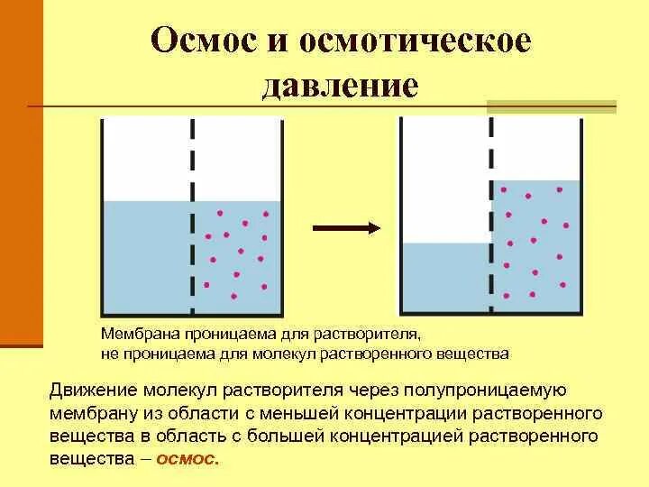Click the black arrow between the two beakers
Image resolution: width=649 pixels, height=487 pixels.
(346, 228)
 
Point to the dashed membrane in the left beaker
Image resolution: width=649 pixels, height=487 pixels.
(193, 216)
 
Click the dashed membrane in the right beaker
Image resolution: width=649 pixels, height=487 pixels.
(491, 216)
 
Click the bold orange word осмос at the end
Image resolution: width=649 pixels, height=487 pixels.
(187, 458)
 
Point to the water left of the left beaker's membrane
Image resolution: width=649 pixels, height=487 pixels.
(147, 257)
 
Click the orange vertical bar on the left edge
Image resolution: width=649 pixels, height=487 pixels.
(21, 171)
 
